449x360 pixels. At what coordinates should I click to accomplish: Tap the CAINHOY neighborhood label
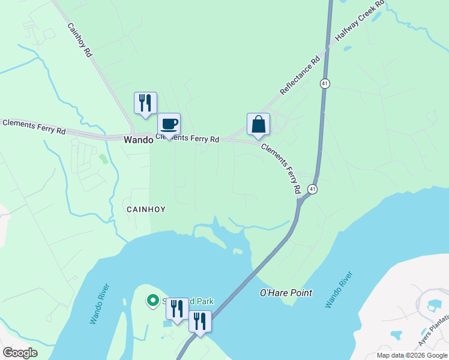[x=145, y=209]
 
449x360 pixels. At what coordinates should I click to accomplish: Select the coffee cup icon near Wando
[x=169, y=124]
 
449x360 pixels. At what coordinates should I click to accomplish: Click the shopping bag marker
[x=258, y=125]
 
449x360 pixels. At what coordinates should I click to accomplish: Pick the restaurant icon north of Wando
[x=145, y=103]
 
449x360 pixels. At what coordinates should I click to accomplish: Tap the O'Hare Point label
[x=286, y=293]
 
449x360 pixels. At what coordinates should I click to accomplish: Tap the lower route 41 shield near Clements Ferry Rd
[x=312, y=189]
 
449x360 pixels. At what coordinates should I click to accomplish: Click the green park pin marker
[x=153, y=300]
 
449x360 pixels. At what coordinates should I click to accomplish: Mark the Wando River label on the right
[x=339, y=290]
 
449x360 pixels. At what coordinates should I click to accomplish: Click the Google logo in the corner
[x=20, y=353]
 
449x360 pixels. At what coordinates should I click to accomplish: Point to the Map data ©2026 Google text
[x=412, y=355]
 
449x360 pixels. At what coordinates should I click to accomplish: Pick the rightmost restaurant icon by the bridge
[x=200, y=322]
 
